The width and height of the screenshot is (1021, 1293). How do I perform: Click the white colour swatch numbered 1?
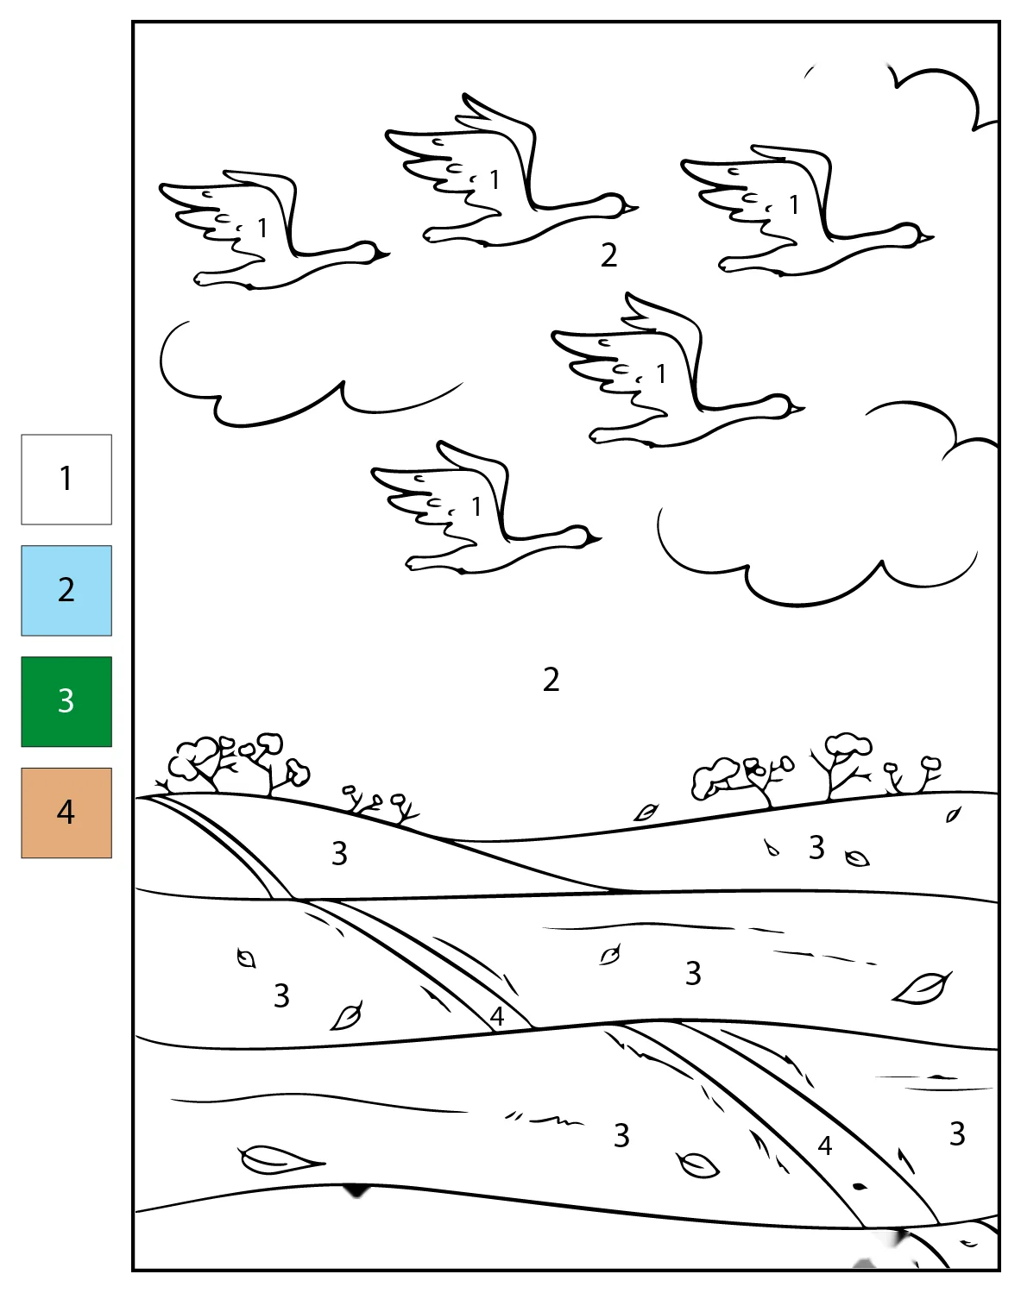(66, 480)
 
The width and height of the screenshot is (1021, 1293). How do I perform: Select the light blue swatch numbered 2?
(66, 591)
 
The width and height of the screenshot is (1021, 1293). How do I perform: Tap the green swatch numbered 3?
(66, 702)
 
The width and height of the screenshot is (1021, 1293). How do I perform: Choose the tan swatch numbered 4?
(66, 813)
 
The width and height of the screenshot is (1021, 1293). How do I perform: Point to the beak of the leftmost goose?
(381, 255)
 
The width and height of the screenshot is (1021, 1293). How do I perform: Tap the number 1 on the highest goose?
(495, 179)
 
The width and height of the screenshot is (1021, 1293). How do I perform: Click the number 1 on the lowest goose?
(476, 507)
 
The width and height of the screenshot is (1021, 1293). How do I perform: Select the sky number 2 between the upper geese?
(609, 255)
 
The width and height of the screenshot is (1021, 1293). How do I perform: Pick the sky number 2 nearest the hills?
(551, 680)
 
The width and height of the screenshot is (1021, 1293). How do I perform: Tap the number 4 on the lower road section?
(825, 1145)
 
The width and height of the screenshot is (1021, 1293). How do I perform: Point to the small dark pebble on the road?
(860, 1187)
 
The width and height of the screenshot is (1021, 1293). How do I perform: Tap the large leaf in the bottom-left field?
(280, 1159)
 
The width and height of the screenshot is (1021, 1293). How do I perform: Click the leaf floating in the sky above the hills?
(646, 813)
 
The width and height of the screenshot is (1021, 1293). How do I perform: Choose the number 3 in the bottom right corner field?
(957, 1134)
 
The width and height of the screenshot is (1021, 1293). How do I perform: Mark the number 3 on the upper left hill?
(340, 854)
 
